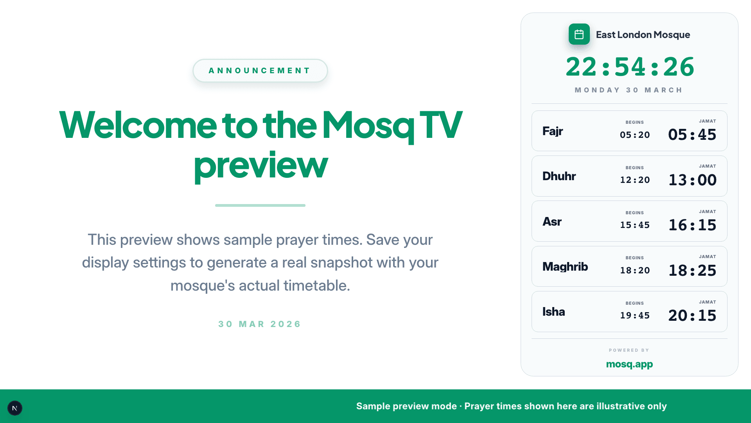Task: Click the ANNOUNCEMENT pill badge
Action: pos(260,70)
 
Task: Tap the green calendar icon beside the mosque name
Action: pos(579,34)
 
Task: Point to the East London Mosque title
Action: pos(643,34)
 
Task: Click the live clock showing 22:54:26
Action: pos(630,67)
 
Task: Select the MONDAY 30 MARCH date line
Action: pos(629,90)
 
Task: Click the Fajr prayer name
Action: pos(553,131)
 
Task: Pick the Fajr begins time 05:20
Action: pos(635,135)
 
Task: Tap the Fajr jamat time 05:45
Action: pos(692,135)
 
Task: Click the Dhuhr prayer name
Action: pos(559,176)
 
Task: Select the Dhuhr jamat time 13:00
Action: pos(692,180)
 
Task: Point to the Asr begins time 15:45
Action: pos(635,225)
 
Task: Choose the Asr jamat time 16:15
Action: pos(692,225)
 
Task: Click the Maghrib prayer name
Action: pos(565,267)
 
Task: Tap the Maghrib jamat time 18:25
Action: pos(692,271)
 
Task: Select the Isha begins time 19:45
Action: pos(635,316)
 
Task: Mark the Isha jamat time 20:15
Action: pos(692,316)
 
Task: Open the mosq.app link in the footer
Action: pos(629,364)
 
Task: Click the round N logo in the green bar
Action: pos(15,408)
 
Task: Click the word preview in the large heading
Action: pos(261,165)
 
